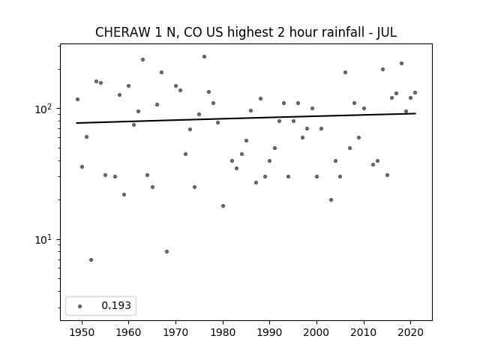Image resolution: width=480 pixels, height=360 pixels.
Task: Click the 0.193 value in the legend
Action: click(115, 305)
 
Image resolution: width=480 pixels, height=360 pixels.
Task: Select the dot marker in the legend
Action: click(80, 305)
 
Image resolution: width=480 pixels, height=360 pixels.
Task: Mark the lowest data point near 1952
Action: click(91, 259)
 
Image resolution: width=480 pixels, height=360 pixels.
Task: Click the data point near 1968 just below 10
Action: click(166, 251)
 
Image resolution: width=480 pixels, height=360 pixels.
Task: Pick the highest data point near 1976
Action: click(204, 56)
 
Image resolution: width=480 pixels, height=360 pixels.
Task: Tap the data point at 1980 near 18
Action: click(223, 205)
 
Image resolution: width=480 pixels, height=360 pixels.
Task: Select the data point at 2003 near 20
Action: click(331, 199)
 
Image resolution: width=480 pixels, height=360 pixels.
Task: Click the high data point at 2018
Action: click(401, 63)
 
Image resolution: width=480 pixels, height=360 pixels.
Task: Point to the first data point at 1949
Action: click(77, 99)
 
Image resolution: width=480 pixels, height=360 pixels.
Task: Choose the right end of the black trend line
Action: click(415, 113)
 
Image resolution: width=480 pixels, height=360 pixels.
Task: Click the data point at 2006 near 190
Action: click(345, 72)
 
